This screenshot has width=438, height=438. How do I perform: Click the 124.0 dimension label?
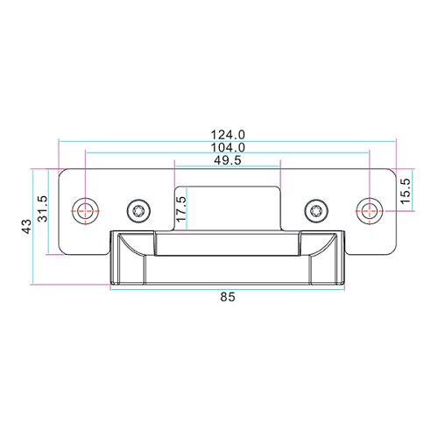click(x=228, y=135)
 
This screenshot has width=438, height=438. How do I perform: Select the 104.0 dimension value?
click(x=228, y=147)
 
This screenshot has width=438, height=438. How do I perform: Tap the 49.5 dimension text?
click(x=228, y=160)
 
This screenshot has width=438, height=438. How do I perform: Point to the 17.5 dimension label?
click(x=180, y=208)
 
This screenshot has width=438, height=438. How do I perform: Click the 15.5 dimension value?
click(x=406, y=191)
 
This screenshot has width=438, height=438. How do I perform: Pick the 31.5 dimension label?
click(x=43, y=208)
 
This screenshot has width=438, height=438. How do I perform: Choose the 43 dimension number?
click(x=27, y=226)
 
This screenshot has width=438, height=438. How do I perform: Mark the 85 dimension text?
click(x=228, y=297)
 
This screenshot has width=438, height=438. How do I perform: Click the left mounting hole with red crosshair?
click(x=85, y=210)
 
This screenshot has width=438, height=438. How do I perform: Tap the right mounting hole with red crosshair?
click(x=370, y=210)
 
